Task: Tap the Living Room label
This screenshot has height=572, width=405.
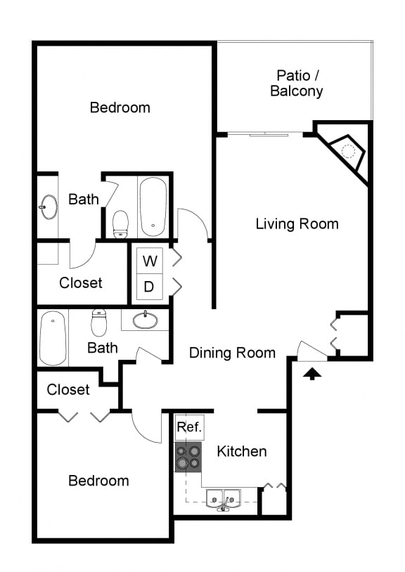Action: (x=297, y=224)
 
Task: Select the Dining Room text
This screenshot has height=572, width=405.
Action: (x=232, y=353)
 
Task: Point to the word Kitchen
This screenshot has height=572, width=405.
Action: (x=241, y=451)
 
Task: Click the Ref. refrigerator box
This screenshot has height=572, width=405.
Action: (x=189, y=427)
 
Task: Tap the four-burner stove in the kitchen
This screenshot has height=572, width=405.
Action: (x=188, y=457)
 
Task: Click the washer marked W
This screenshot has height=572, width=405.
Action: (x=150, y=261)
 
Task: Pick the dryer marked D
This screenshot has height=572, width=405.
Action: (x=150, y=287)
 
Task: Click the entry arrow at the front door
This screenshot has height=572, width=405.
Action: (x=312, y=374)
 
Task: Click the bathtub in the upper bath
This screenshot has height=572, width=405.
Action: (x=153, y=207)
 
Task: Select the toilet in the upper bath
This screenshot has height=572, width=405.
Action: (x=121, y=223)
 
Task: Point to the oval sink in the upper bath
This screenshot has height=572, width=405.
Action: (x=49, y=207)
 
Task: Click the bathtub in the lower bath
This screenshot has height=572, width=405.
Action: (x=52, y=338)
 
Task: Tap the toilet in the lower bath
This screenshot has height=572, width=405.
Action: (x=98, y=323)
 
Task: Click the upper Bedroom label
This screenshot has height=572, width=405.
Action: (x=120, y=108)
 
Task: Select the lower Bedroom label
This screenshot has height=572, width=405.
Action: (x=98, y=481)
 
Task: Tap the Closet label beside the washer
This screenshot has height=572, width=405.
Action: (x=81, y=282)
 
